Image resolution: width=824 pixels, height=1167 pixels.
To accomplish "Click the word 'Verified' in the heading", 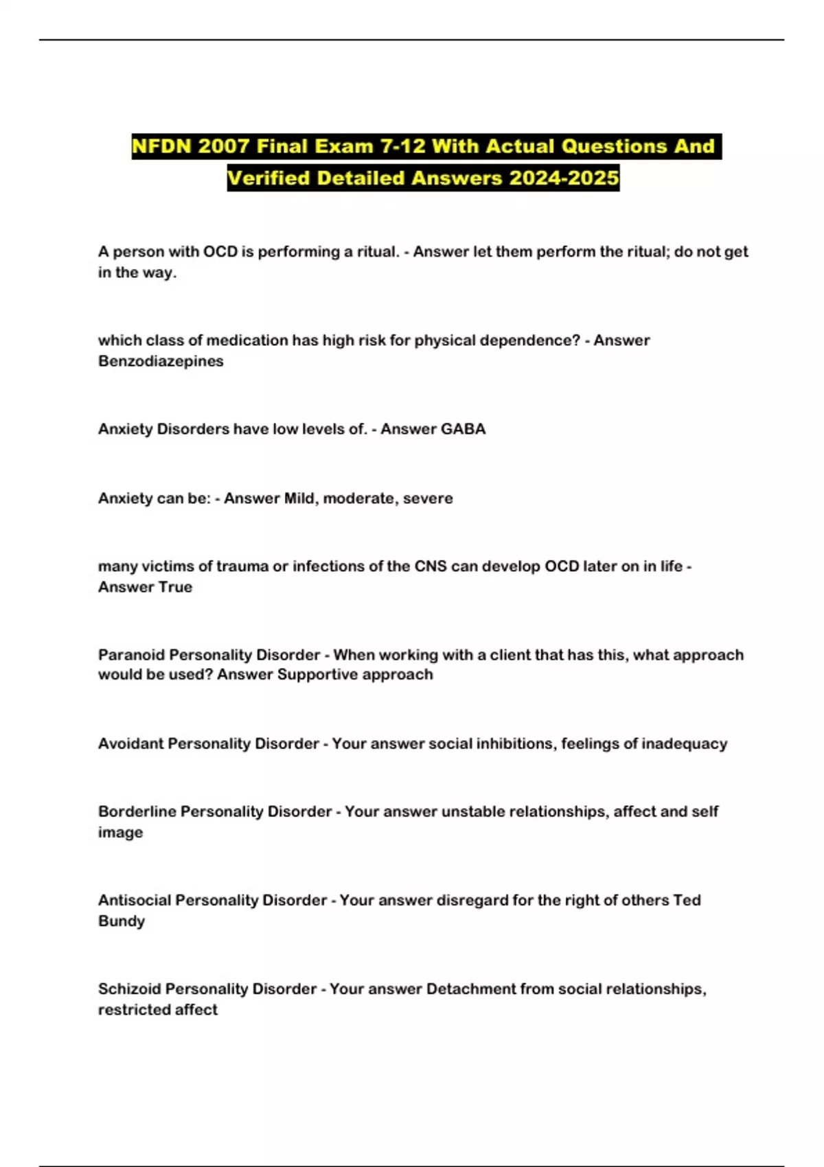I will click(269, 178).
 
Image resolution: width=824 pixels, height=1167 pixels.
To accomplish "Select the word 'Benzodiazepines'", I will click(161, 361).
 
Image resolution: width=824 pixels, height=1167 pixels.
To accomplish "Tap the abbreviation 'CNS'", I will click(431, 566).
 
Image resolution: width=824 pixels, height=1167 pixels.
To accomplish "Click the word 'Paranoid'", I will click(131, 655).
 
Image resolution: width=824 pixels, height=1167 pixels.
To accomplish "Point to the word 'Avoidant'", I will click(130, 743).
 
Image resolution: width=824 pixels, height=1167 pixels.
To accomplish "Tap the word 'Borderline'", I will click(137, 811).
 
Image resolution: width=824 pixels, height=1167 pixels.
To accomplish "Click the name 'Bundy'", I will click(122, 921).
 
